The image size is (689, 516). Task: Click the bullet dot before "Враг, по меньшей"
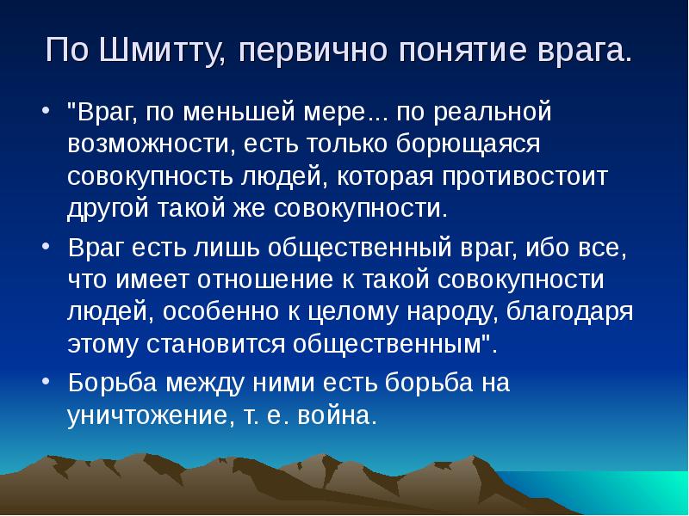click(45, 114)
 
